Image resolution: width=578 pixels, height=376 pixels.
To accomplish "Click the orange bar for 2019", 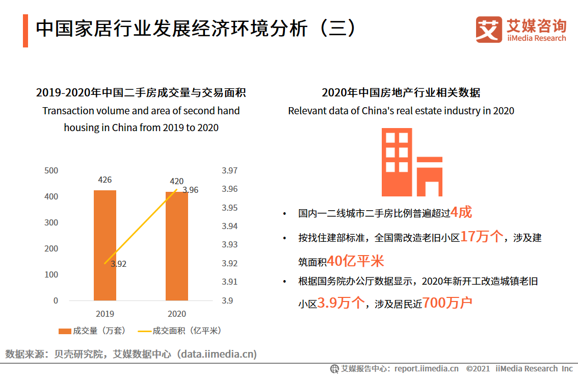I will pos(105,245).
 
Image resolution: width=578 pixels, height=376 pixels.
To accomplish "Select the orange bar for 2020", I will pos(177,246).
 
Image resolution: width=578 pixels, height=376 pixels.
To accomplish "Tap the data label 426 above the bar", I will pos(105,180).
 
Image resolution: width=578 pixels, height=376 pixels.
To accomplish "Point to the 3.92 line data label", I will pos(118,264).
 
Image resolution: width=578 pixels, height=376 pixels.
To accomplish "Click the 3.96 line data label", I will pos(190,190).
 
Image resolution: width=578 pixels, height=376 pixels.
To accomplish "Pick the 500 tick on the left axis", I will pos(51,170).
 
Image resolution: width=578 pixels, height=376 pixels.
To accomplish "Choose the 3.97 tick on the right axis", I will pos(229,170).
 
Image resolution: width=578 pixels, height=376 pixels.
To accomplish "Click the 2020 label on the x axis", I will pos(177,314).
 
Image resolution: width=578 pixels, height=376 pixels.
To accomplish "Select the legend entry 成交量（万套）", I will pos(92,331).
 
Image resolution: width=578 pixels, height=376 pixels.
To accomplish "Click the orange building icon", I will pos(412,162).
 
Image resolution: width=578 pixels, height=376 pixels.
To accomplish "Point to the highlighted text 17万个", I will pos(482,237).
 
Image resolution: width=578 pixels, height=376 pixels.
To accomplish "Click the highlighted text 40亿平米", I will pos(355,261).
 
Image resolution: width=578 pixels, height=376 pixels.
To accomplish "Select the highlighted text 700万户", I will pos(448,303).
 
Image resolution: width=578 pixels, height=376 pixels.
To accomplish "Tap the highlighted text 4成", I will pos(462,212).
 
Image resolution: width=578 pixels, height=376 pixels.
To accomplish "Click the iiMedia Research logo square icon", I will pos(489,30).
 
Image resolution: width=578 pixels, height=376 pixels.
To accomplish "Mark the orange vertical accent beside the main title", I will pos(25,31).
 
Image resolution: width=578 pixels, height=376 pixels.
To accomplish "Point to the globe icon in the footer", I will pos(335,368).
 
